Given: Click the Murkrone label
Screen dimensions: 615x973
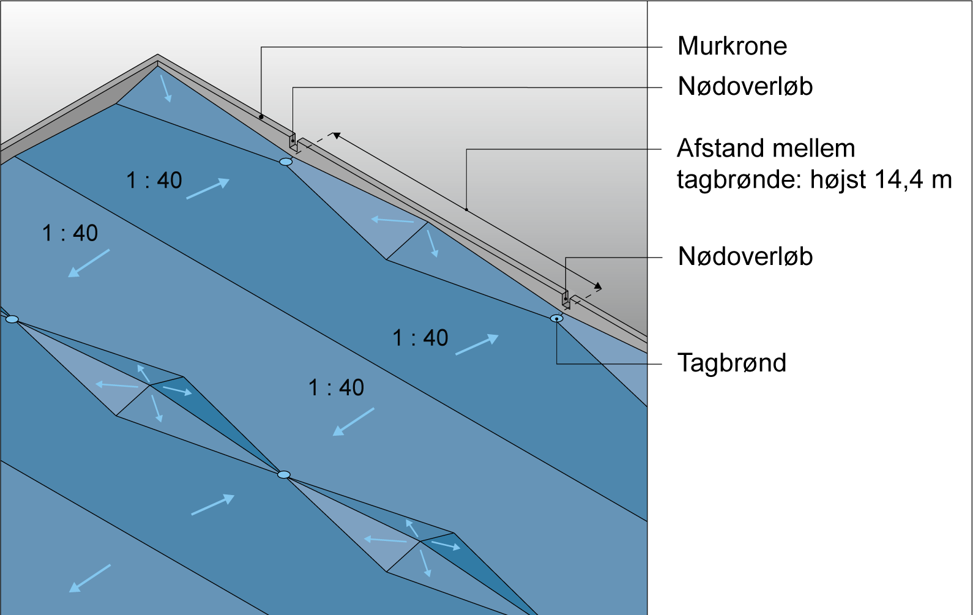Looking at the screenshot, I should point(732,47).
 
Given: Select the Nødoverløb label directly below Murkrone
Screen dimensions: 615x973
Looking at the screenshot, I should point(745,87).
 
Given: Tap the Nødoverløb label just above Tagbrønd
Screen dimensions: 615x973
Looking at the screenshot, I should point(745,257).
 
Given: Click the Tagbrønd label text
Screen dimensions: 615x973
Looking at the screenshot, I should point(731,363).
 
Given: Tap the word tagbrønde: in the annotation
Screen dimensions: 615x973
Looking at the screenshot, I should point(740,181).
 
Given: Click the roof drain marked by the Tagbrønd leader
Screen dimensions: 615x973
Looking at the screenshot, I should point(556,318).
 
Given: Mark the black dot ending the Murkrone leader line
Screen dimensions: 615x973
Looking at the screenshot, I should point(261,117).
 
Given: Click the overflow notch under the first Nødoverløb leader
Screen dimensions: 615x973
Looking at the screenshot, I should point(293,143).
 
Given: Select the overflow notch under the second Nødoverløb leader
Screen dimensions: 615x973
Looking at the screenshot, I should point(566,300).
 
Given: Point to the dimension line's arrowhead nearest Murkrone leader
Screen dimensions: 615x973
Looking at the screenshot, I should point(336,135).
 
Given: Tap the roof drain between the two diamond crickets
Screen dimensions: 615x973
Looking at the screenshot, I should point(284,475).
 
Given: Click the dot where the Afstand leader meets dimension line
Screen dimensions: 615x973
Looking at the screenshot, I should point(466,210).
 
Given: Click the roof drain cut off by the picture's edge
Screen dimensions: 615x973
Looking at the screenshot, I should point(11,319).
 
